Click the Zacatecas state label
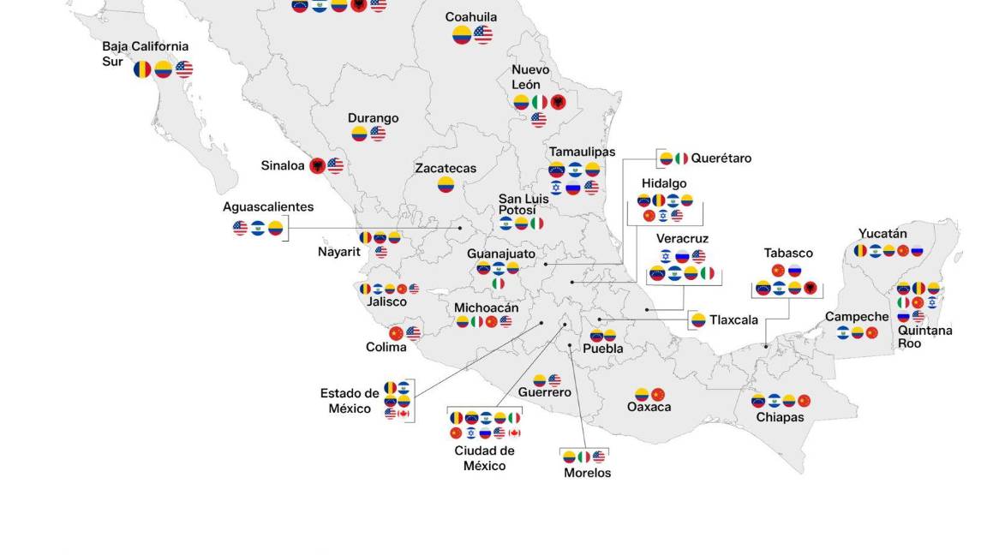click(x=446, y=169)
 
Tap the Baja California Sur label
click(x=145, y=53)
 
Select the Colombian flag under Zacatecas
click(x=446, y=184)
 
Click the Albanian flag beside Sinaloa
click(x=317, y=165)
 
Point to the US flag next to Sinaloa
click(x=335, y=165)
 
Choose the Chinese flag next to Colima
click(x=396, y=333)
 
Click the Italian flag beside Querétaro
click(x=681, y=158)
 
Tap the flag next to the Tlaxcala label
click(x=698, y=320)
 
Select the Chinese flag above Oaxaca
click(x=658, y=395)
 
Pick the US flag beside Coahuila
click(x=483, y=35)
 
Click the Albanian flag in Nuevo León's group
click(x=559, y=103)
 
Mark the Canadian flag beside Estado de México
click(x=404, y=414)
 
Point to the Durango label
click(x=373, y=118)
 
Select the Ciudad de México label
click(x=484, y=458)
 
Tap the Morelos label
click(x=587, y=473)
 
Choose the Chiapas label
click(x=780, y=417)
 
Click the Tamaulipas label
click(x=582, y=152)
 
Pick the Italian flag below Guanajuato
click(x=498, y=283)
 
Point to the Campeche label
click(x=857, y=317)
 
